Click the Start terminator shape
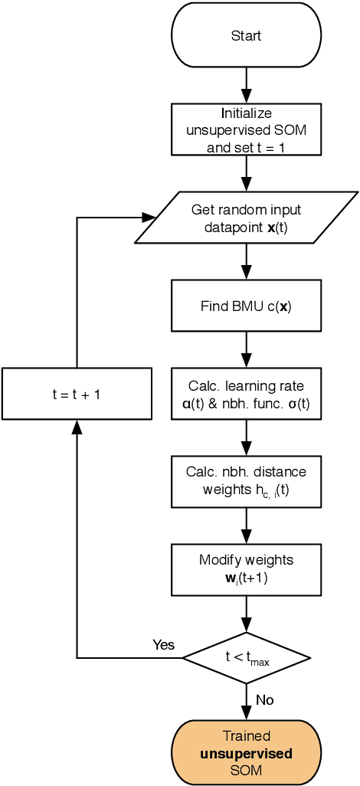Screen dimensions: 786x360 click(246, 36)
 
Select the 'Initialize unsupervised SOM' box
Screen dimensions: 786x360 click(246, 129)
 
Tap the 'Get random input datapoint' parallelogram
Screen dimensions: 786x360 click(246, 218)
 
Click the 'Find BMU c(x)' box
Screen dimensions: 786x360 click(246, 306)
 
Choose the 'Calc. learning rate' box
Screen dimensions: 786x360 click(246, 394)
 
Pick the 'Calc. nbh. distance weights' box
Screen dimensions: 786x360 click(246, 481)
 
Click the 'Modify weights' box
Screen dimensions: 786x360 click(246, 569)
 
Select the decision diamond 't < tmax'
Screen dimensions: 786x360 click(246, 657)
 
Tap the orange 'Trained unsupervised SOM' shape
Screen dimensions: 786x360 click(246, 753)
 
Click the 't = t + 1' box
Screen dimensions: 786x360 click(77, 394)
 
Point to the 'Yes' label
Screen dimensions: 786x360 click(164, 645)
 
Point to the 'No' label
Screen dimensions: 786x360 click(264, 699)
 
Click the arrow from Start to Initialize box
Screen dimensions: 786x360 click(246, 84)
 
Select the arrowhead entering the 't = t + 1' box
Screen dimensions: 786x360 click(77, 427)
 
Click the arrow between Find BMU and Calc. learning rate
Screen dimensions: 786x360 click(246, 349)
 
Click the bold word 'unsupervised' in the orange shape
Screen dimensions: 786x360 click(246, 754)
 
